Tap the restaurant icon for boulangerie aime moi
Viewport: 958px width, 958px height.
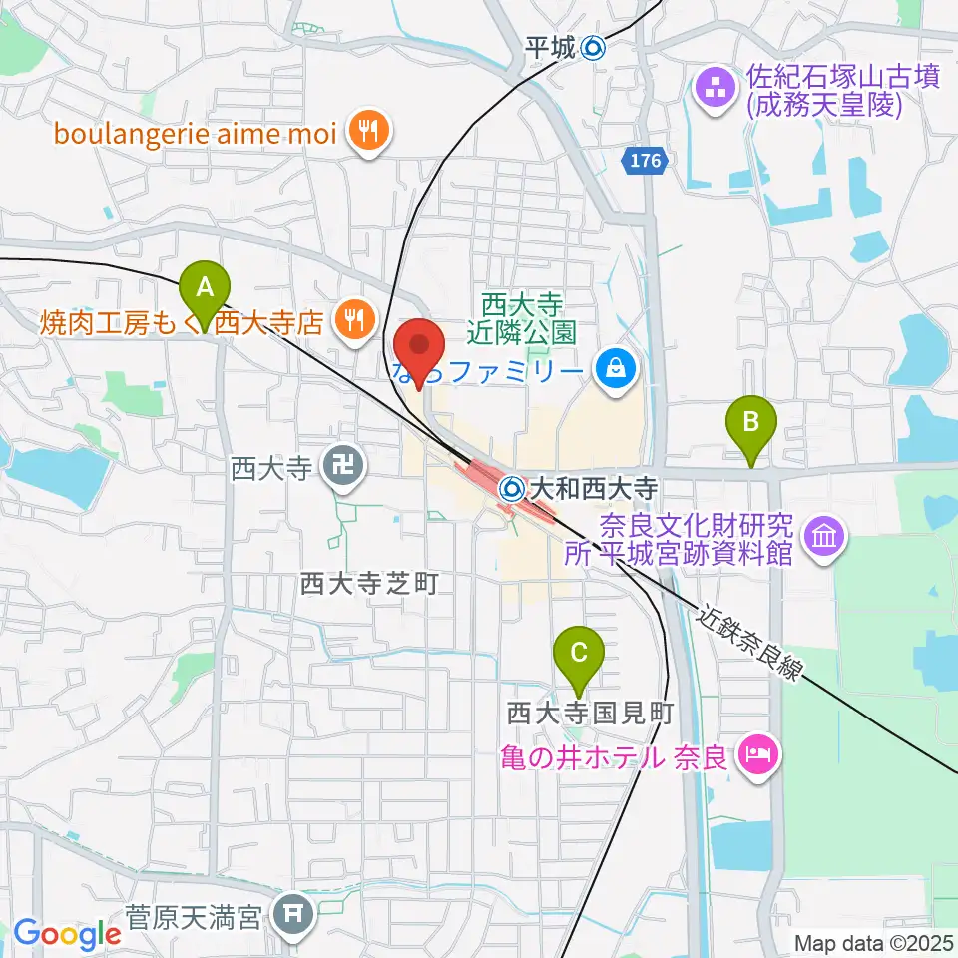point(369,132)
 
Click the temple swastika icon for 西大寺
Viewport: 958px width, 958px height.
point(342,465)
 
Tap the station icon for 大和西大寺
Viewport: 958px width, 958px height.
point(512,489)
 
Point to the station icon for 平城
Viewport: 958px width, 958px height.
point(593,46)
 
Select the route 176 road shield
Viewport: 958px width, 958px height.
point(646,160)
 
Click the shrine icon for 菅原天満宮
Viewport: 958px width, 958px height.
point(296,914)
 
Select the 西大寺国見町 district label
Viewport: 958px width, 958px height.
point(591,713)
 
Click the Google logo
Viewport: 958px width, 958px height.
point(67,934)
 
